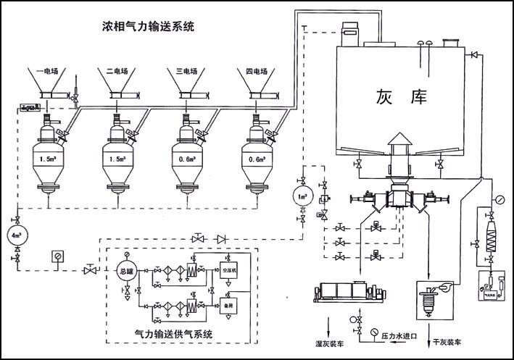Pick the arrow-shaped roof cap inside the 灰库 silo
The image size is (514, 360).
(x=398, y=138)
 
